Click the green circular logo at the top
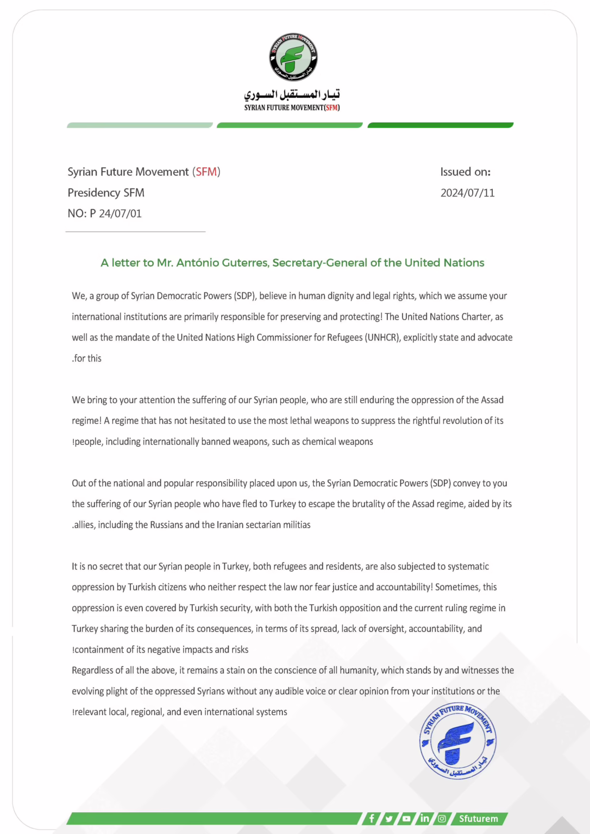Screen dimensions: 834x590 [293, 57]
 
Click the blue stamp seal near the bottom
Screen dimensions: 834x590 [457, 741]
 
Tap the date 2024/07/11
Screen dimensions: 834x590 [467, 193]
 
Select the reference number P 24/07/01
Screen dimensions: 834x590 [116, 213]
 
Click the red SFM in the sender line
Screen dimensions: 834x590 [206, 172]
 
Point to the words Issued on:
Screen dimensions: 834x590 [465, 172]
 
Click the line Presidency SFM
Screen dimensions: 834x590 [106, 193]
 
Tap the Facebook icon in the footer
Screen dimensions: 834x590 [372, 818]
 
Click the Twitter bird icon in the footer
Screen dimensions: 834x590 [389, 818]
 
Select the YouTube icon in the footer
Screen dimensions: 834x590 [406, 818]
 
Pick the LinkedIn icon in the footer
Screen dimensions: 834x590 [424, 818]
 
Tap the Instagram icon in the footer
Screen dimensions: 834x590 [442, 818]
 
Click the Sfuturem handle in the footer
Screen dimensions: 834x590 [478, 818]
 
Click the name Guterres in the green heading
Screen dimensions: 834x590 [245, 263]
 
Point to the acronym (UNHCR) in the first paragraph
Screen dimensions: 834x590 [383, 337]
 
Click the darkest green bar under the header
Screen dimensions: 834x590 [440, 125]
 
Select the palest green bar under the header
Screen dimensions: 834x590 [140, 125]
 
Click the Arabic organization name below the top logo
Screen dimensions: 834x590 [292, 94]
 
